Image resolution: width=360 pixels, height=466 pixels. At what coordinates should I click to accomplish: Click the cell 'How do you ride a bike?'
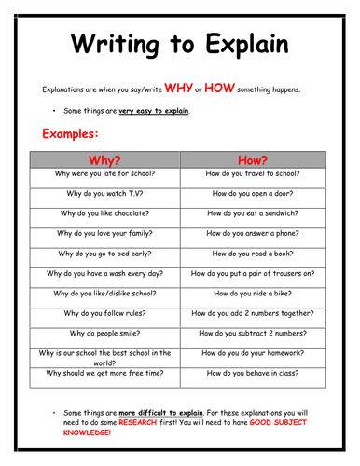coord(252,294)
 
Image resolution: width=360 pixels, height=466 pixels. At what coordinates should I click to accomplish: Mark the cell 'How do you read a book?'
coord(252,254)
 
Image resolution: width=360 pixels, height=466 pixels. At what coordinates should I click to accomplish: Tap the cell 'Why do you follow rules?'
coord(104,313)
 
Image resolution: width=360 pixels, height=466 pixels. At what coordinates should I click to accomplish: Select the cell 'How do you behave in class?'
coord(252,374)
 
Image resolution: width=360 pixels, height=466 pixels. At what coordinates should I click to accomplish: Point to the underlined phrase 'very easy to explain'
coord(154,111)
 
